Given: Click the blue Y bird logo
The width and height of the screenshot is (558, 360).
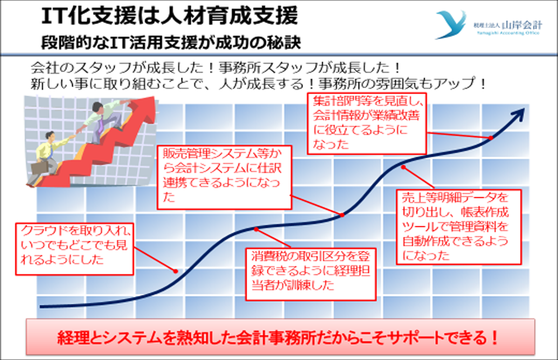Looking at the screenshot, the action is tap(451, 24).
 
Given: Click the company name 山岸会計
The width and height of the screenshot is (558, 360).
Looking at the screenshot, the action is tap(522, 25).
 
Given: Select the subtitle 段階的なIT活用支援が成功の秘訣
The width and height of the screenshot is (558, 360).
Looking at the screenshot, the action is tap(171, 43).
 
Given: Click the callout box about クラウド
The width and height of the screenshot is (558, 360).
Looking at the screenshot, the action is tap(75, 249).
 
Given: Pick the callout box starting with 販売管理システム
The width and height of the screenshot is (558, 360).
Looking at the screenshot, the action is tap(224, 177).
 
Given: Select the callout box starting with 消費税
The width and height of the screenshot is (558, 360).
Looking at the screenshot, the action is tap(310, 274).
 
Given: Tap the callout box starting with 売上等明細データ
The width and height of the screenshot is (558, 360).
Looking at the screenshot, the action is tap(459, 227).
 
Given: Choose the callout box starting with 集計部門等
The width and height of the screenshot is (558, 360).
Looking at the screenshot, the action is tap(367, 124).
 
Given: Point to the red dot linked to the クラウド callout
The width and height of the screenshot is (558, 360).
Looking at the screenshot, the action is tap(175, 271).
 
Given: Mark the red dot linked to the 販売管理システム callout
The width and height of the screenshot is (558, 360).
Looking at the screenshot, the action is tap(342, 215).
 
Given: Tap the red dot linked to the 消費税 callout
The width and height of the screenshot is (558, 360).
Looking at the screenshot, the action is tap(256, 229).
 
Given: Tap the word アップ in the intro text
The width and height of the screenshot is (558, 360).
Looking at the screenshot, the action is tap(454, 83).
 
